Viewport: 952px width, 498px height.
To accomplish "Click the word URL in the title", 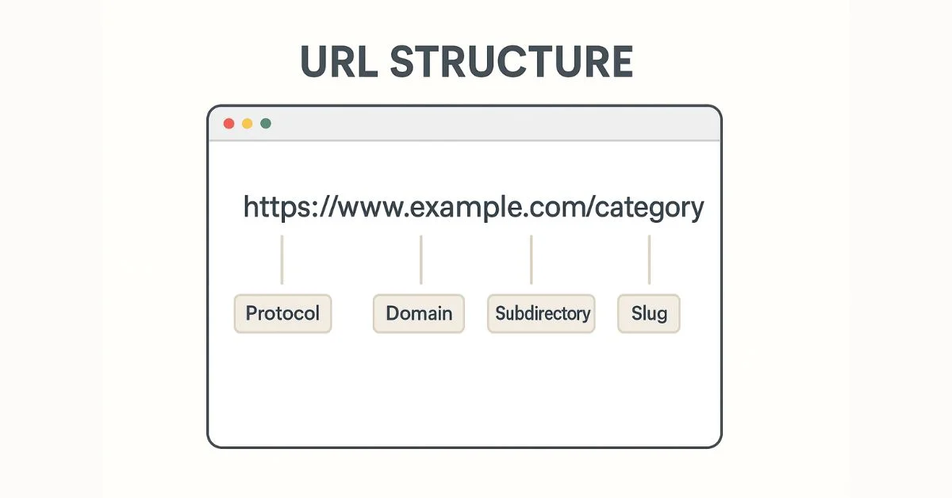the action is (x=339, y=62).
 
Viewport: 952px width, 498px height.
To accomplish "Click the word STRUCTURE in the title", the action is (x=512, y=62).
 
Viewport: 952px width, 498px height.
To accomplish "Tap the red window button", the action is (x=228, y=124).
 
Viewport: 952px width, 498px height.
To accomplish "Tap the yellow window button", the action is (x=248, y=124).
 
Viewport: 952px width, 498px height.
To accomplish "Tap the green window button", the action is (x=266, y=124).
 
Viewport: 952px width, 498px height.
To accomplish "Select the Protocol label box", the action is (x=282, y=313).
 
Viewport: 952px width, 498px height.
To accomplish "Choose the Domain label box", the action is (x=419, y=313).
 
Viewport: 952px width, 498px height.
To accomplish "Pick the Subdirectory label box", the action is (x=541, y=313).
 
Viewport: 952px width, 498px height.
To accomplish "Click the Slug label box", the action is (x=649, y=313).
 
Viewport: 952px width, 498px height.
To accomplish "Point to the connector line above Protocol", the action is (x=282, y=259).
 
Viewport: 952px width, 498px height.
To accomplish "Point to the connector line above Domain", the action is (x=421, y=259).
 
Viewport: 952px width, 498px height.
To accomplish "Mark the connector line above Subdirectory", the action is (x=532, y=259).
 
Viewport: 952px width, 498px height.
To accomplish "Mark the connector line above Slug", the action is (x=650, y=259).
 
